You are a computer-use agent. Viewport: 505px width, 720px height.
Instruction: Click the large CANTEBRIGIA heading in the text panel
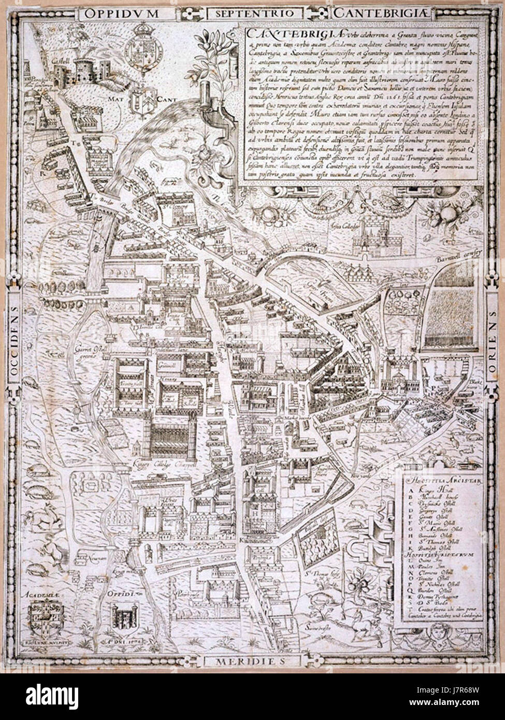[277, 33]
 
